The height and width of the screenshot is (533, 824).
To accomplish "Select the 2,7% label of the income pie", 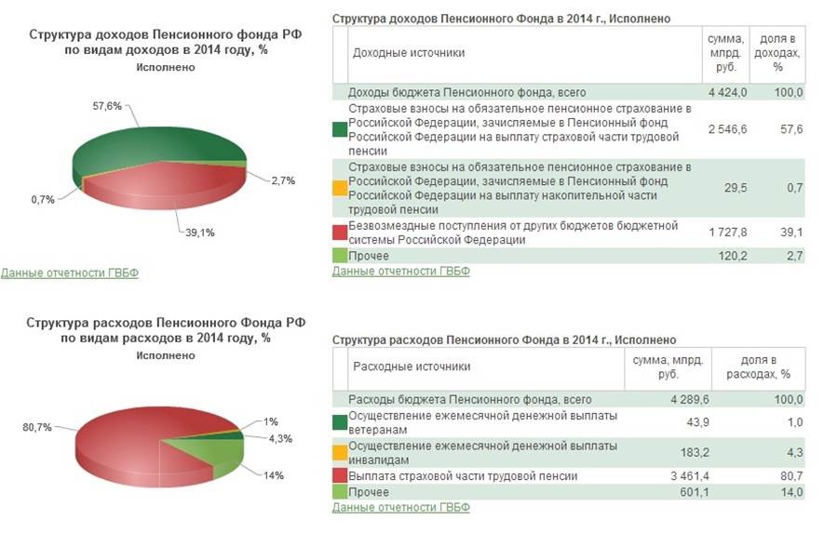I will coord(282,180).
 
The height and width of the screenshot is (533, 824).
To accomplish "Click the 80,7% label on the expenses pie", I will coord(37,427).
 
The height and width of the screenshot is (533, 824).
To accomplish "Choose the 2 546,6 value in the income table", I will coord(727,129).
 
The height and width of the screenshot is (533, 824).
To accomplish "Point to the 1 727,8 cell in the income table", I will coord(727,233).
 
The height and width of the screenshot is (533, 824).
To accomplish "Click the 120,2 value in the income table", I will coord(732,256).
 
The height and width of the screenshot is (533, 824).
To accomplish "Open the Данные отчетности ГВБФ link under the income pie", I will coord(69,273).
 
